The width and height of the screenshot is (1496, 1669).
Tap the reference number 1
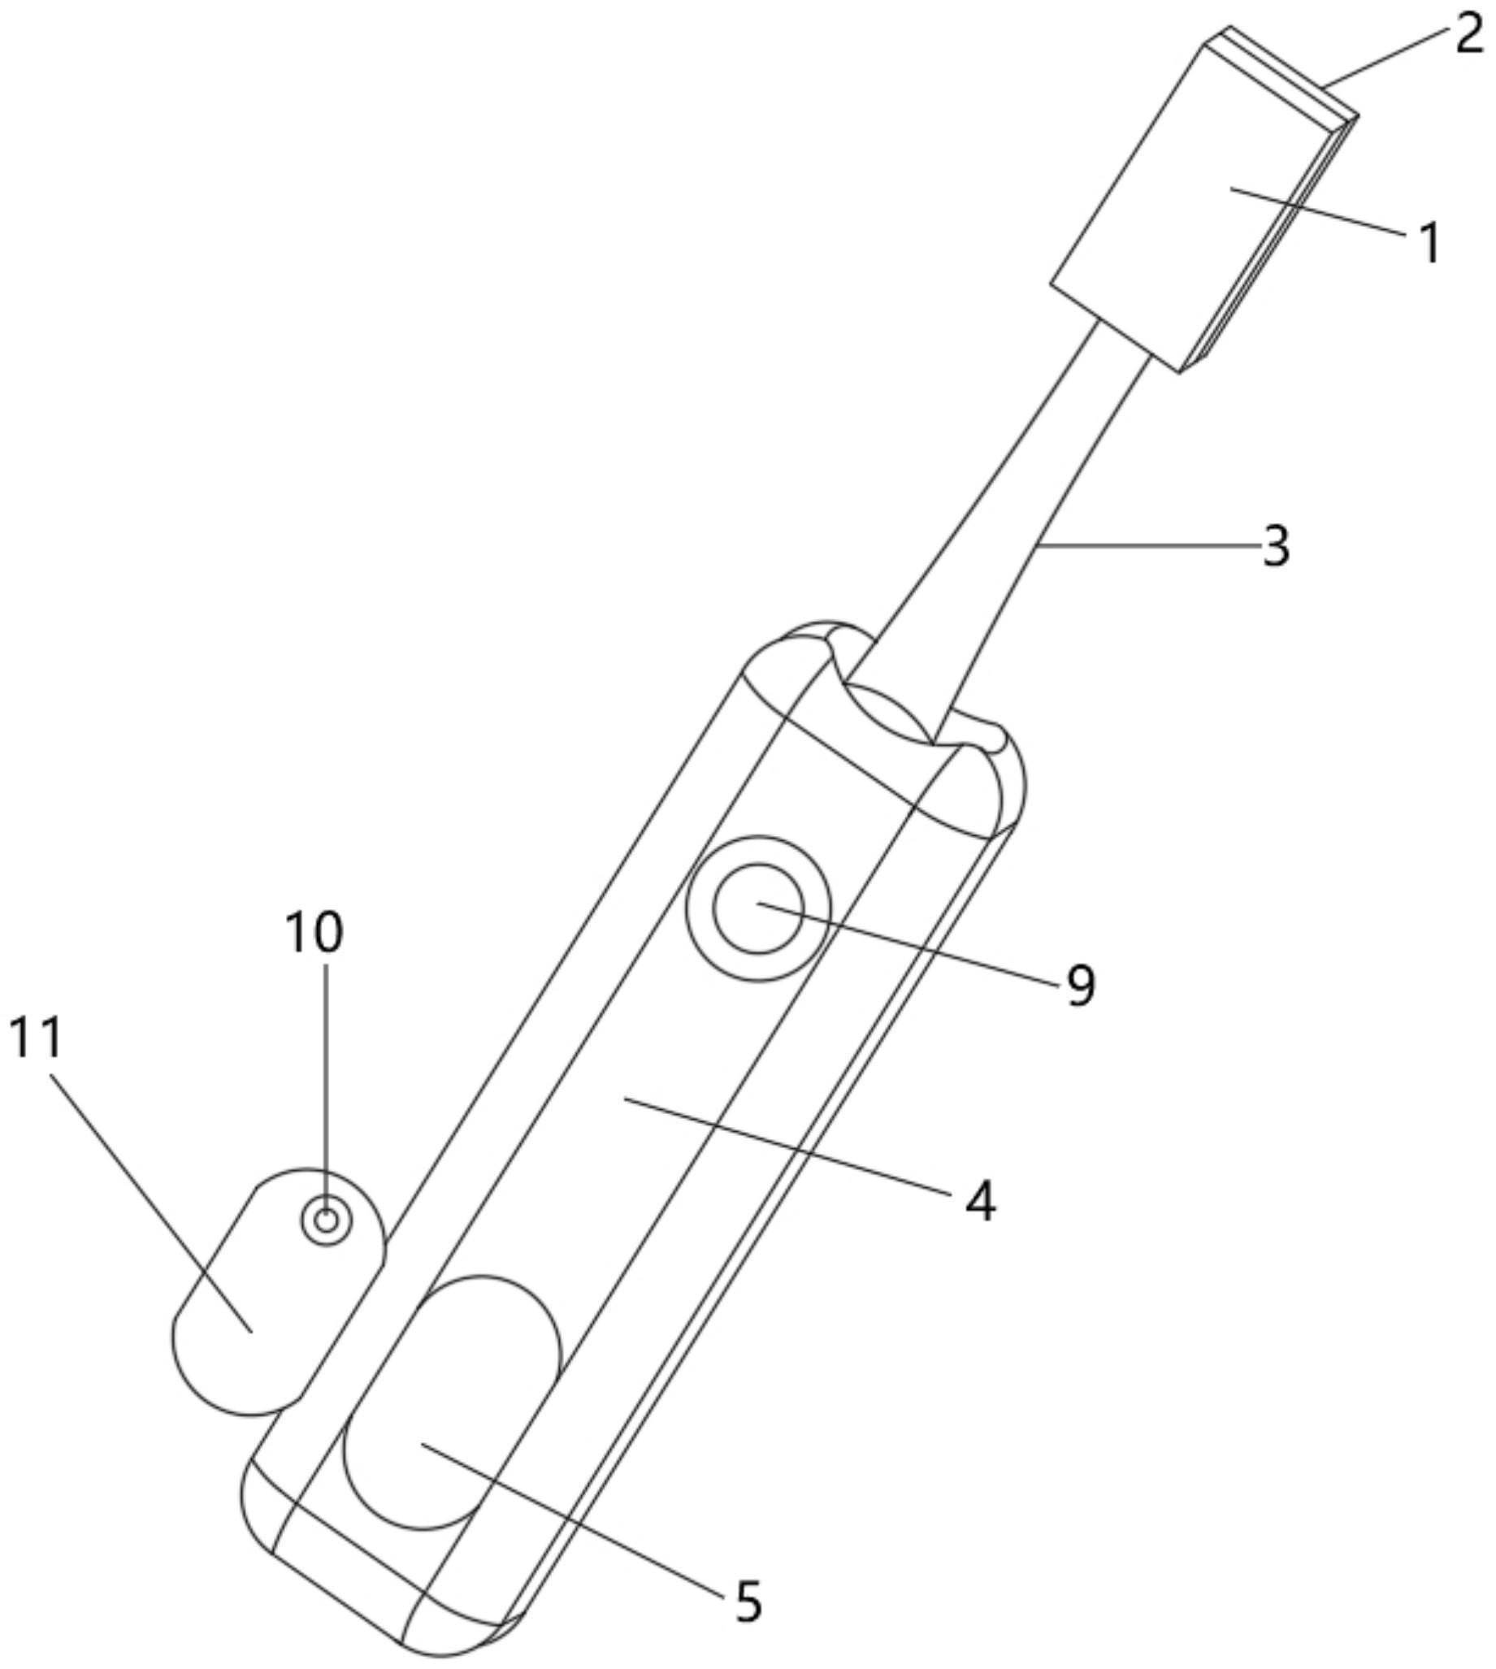coord(1431,243)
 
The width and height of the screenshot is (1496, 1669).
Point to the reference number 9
coord(1081,986)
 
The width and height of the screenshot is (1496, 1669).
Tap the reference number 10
coord(313,932)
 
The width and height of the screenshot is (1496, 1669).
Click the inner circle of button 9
coord(758,908)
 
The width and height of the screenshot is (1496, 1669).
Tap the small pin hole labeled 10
coord(327,1220)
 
